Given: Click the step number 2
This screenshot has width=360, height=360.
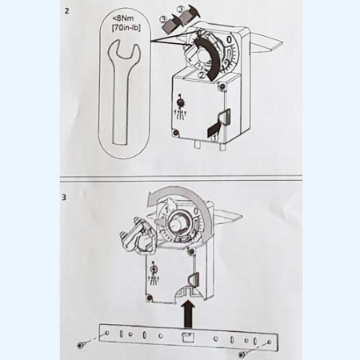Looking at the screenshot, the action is click(x=66, y=11).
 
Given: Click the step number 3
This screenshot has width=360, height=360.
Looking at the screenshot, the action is click(x=64, y=198).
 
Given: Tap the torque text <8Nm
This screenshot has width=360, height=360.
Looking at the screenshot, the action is click(x=122, y=18).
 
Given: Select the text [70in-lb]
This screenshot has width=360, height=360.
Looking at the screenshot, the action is click(x=126, y=27).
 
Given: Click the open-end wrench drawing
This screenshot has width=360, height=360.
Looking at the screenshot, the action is click(x=123, y=90).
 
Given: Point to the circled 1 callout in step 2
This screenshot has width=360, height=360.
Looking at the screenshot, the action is click(x=214, y=138).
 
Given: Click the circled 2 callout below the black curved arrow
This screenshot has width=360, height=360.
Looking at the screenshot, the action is click(x=202, y=75).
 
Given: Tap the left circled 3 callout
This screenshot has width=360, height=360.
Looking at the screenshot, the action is click(x=163, y=19).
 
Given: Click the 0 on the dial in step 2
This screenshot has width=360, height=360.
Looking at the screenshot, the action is click(x=229, y=40).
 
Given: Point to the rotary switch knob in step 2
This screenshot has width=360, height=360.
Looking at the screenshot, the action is click(x=181, y=102).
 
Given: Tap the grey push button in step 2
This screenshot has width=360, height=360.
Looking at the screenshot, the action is click(x=224, y=118).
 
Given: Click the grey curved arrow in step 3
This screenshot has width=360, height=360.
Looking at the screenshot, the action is click(x=186, y=190).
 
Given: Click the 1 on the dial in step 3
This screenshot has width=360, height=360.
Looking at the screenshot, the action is click(x=166, y=211).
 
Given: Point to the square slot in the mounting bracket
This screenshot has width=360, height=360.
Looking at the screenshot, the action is click(x=188, y=338).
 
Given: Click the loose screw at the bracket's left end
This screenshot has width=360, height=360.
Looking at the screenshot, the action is click(x=80, y=346).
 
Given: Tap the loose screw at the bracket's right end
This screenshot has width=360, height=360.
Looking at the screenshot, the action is click(x=242, y=354).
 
